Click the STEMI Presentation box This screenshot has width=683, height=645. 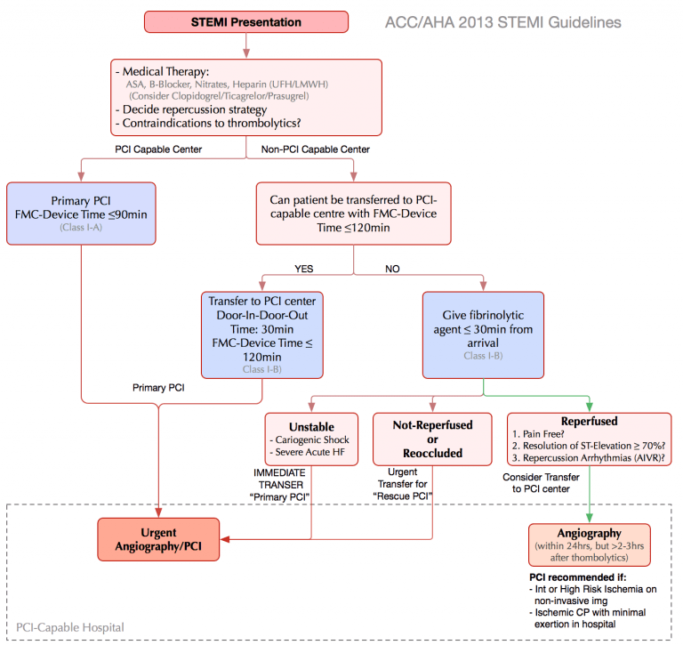pos(247,22)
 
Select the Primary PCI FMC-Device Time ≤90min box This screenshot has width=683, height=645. pos(82,214)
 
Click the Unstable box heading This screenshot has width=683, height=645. pos(311,426)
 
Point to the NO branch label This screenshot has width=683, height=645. pos(392,268)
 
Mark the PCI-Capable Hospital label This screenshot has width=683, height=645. pos(71,627)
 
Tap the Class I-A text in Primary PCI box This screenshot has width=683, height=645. pos(82,229)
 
